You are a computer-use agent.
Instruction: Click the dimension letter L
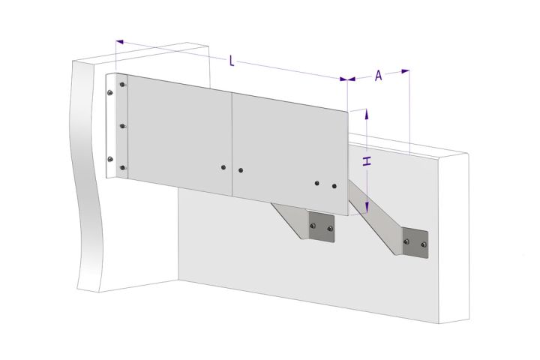pos(232,61)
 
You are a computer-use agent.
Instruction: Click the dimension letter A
pos(379,75)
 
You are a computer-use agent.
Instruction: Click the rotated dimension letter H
pos(367,161)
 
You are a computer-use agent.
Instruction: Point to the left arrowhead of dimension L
pos(119,42)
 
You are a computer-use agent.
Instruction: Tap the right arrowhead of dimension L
pos(343,79)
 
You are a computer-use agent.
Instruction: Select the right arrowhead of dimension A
pos(405,71)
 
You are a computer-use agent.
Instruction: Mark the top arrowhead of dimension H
pos(367,114)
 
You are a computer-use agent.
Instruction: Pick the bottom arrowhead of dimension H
pos(367,208)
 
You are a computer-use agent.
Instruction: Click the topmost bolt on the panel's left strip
pos(122,85)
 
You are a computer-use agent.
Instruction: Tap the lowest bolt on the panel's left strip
pos(122,168)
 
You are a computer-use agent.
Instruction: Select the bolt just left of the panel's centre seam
pos(223,167)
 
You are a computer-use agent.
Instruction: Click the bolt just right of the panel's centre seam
pos(241,170)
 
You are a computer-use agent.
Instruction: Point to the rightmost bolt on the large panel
pos(334,186)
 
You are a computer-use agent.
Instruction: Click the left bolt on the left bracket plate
pos(313,226)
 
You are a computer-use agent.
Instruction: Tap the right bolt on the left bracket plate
pos(330,229)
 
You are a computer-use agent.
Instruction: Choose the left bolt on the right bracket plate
pos(406,241)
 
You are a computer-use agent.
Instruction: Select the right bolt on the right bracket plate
pos(424,244)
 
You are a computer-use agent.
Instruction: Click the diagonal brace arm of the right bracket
pos(376,217)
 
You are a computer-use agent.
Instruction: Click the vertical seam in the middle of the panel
pos(232,144)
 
